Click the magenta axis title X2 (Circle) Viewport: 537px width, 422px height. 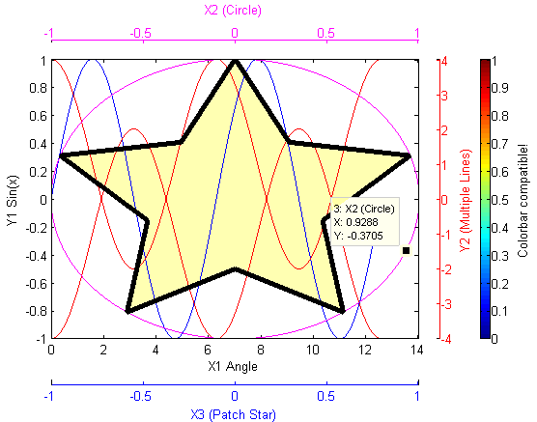coord(233,11)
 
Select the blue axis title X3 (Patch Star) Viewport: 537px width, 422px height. coord(233,414)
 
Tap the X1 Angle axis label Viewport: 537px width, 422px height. coord(233,367)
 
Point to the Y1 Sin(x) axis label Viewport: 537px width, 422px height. coord(13,201)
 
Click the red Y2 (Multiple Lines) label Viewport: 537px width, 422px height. coord(466,201)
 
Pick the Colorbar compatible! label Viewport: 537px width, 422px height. coord(523,201)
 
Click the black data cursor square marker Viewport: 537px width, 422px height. coord(407,251)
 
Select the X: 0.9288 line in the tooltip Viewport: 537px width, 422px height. coord(355,222)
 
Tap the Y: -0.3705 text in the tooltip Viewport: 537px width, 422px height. coord(358,236)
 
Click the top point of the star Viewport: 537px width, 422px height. coord(235,61)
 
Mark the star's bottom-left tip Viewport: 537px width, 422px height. coord(127,311)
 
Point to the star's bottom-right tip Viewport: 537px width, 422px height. coord(343,311)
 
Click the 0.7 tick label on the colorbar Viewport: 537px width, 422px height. coord(500,144)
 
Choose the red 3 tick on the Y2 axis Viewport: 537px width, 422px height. coord(444,96)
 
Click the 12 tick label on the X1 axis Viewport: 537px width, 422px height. coord(365,350)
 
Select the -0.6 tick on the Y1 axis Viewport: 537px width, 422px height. coord(36,284)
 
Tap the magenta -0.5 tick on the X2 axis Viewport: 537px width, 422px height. coord(140,33)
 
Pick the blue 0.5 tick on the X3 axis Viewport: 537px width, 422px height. coord(326,396)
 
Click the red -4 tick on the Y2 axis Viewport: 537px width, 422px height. coord(445,339)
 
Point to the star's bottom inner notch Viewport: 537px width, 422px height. coord(235,269)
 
